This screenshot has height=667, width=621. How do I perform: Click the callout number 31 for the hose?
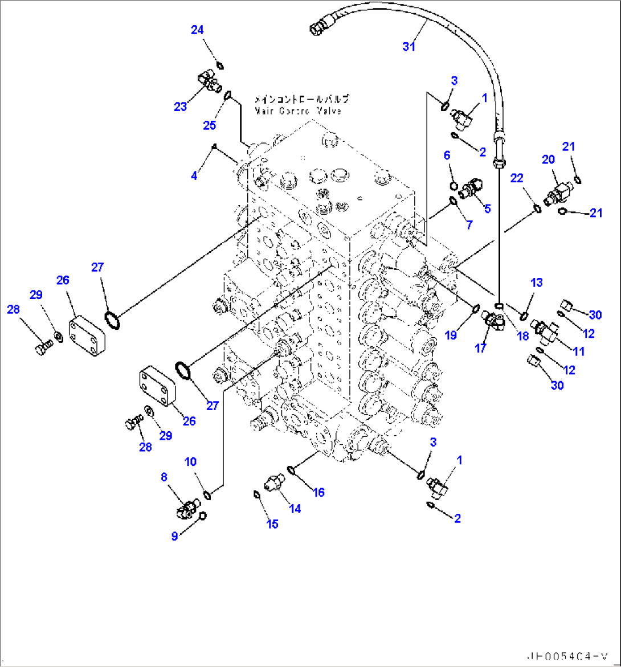(409, 47)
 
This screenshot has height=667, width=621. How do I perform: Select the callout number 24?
(197, 31)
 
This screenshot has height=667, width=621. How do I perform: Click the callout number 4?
(194, 176)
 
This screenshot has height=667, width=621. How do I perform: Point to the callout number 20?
(548, 160)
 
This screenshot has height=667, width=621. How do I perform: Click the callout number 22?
(517, 179)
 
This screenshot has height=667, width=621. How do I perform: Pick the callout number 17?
(480, 348)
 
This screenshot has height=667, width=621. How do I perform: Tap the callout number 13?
(537, 283)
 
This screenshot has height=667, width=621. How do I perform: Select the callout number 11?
(579, 351)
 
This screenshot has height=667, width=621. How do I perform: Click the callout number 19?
(451, 335)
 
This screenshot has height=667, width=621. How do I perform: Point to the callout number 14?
(295, 509)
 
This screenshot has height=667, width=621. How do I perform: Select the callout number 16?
(318, 492)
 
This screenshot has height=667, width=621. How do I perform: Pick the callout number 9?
(175, 535)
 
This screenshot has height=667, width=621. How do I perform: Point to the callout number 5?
(487, 208)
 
